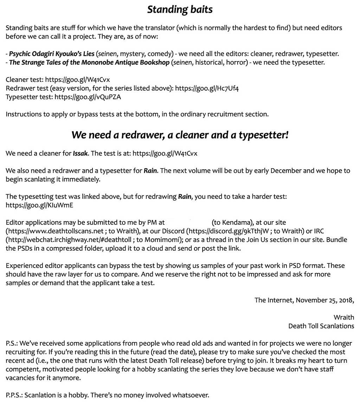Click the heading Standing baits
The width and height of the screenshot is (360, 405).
(180, 9)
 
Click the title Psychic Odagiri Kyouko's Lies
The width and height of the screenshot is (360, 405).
(52, 54)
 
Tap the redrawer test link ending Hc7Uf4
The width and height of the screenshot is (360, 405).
(207, 88)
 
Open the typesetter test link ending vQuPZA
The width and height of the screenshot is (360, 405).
(88, 97)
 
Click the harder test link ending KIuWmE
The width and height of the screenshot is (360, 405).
(39, 205)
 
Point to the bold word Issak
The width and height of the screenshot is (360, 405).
(80, 153)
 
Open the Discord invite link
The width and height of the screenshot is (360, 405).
(229, 231)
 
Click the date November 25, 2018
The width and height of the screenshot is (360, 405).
(324, 300)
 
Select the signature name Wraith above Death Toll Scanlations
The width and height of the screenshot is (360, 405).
(343, 318)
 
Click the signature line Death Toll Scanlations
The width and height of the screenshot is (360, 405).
(321, 326)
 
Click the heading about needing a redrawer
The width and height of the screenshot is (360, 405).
(180, 135)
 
